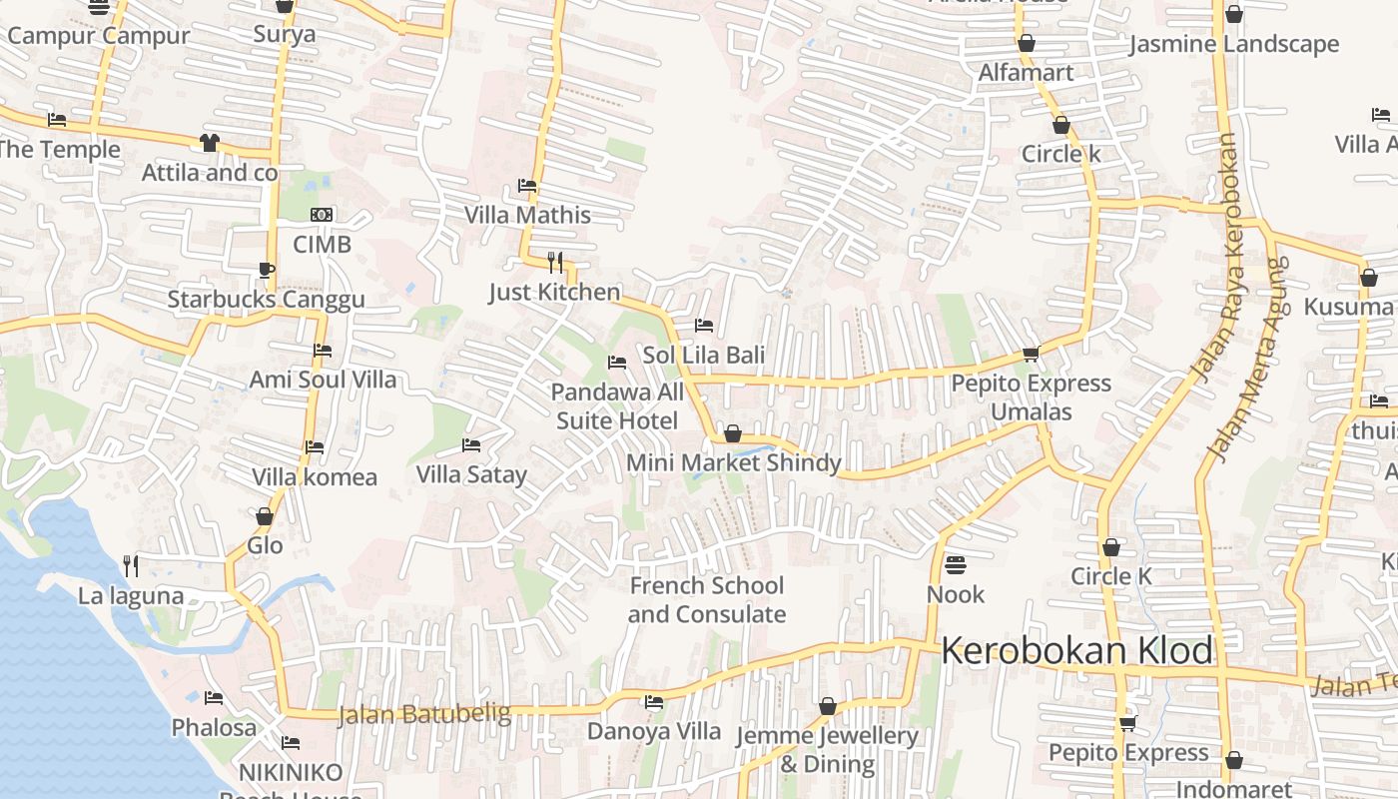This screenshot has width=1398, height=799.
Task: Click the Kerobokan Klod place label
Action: click(1076, 651)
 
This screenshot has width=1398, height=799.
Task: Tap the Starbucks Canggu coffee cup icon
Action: click(266, 270)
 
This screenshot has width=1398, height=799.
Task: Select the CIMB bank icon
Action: click(322, 215)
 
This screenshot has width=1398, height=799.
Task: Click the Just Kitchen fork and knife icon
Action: click(555, 263)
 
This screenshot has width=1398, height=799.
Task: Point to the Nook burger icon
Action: click(956, 565)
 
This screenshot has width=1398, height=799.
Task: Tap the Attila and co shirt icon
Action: click(209, 143)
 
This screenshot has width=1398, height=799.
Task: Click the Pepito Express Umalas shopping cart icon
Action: click(1031, 354)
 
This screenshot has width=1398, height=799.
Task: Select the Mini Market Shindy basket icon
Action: click(733, 433)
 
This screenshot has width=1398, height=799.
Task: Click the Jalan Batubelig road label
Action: click(424, 714)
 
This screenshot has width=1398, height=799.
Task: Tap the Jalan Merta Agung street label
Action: click(1248, 360)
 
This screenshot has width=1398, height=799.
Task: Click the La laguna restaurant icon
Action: click(131, 566)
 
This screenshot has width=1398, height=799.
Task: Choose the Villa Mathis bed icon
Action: click(527, 186)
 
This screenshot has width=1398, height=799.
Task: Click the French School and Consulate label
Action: click(707, 599)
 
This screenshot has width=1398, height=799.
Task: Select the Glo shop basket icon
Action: click(265, 516)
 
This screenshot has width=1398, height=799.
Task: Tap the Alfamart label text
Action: click(1026, 72)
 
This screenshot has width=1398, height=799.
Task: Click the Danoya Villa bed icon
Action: click(654, 702)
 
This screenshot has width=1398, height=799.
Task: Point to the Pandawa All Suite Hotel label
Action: click(617, 405)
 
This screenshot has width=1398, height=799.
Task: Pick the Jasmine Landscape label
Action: click(1234, 44)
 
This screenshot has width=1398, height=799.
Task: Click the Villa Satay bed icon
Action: click(471, 444)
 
